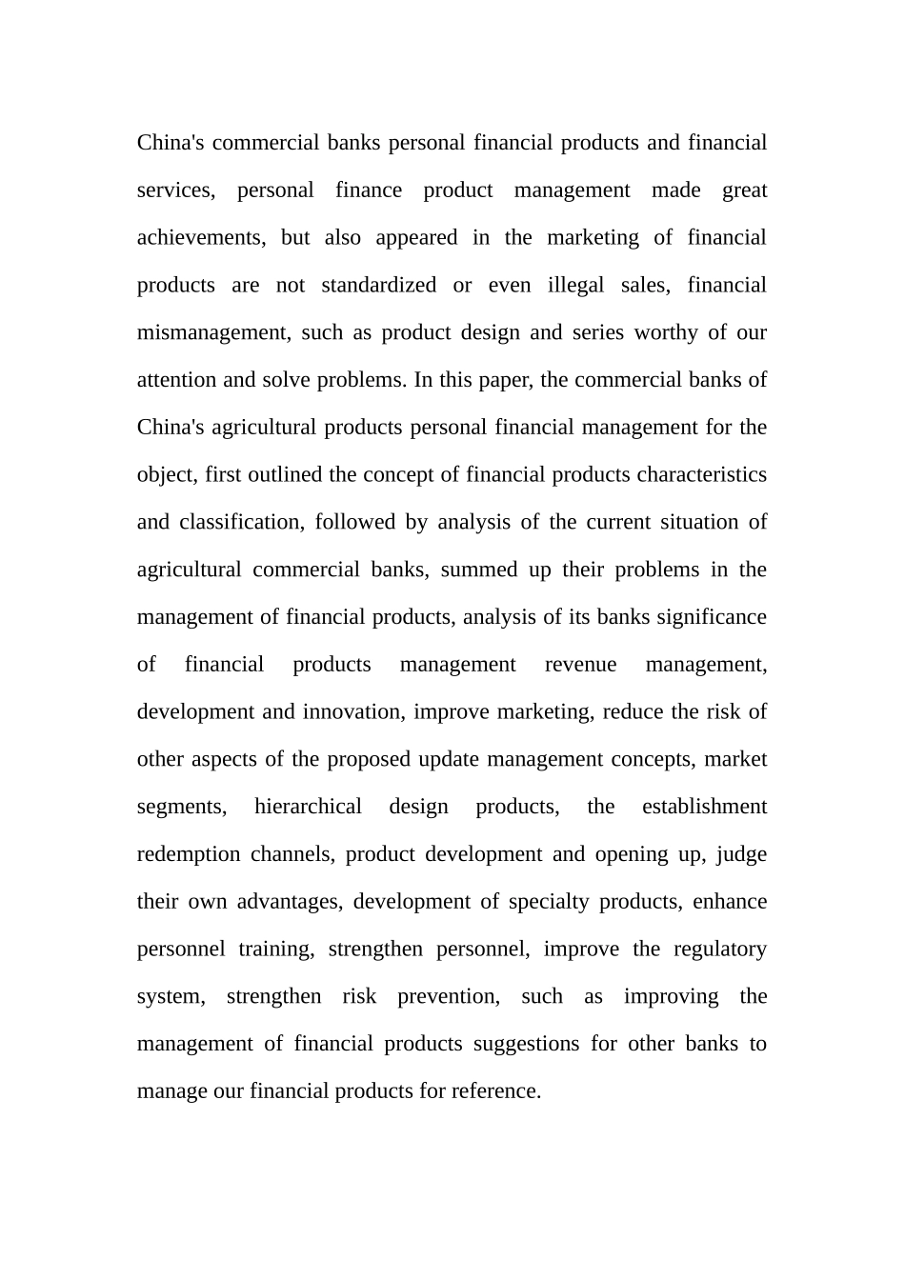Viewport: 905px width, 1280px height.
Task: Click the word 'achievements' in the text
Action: tap(200, 238)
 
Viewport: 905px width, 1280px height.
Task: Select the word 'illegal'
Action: tap(575, 286)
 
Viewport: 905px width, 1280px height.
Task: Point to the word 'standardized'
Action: tap(378, 286)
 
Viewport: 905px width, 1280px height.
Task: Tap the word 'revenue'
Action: tap(580, 665)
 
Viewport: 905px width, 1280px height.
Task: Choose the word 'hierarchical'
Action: tap(308, 807)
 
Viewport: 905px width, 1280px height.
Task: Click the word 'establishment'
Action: tap(704, 807)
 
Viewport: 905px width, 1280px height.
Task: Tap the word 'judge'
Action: tap(741, 854)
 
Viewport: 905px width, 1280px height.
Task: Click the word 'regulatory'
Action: tap(719, 950)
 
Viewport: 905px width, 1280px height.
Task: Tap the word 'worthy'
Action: tap(665, 333)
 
